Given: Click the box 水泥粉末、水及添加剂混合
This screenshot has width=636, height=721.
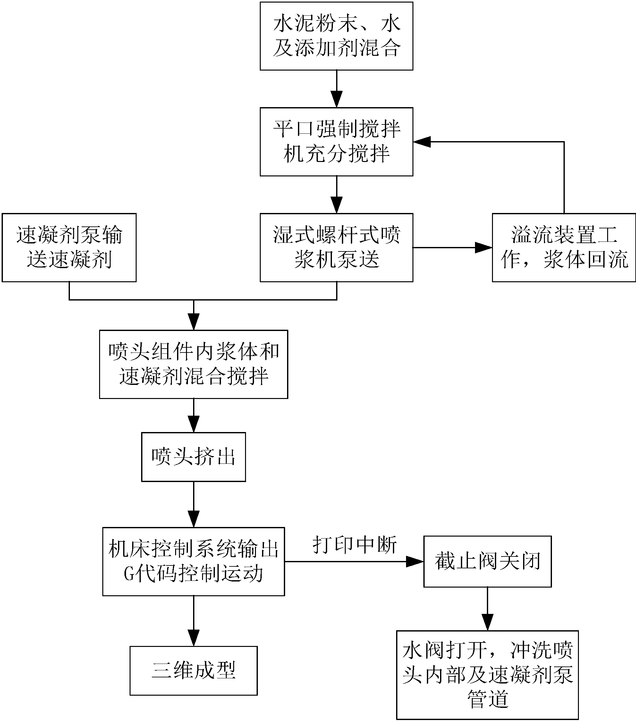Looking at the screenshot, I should pos(336,36).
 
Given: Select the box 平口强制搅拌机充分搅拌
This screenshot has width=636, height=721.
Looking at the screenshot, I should pos(336,141).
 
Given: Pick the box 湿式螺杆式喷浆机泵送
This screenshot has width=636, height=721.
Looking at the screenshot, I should pos(336,247).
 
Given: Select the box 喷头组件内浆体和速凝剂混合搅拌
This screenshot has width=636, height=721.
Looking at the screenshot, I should pos(193,364).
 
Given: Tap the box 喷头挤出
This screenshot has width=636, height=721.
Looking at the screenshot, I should pos(193,457).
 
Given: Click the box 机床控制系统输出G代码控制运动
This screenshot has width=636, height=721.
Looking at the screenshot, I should pos(193,562).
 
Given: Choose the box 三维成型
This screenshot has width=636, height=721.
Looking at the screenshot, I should pos(193,671).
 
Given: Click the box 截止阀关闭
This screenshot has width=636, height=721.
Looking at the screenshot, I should pos(487,562).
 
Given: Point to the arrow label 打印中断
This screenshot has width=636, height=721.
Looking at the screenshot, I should pos(354,545).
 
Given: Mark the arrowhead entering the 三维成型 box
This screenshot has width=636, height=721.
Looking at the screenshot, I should pos(194,638).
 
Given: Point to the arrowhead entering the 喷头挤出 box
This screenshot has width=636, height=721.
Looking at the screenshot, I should pos(194,424).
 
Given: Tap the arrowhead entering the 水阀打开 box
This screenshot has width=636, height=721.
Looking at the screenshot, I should pos(487,622).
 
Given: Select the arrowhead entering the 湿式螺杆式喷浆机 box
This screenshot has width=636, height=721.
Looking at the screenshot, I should pos(336,205).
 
